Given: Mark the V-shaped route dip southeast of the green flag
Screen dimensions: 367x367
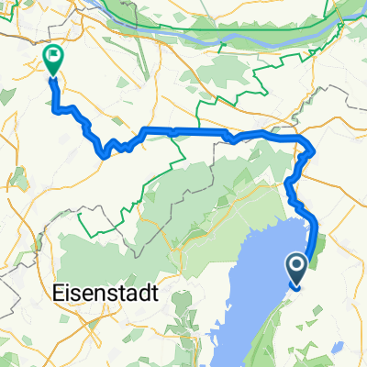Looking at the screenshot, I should [x=106, y=152].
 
